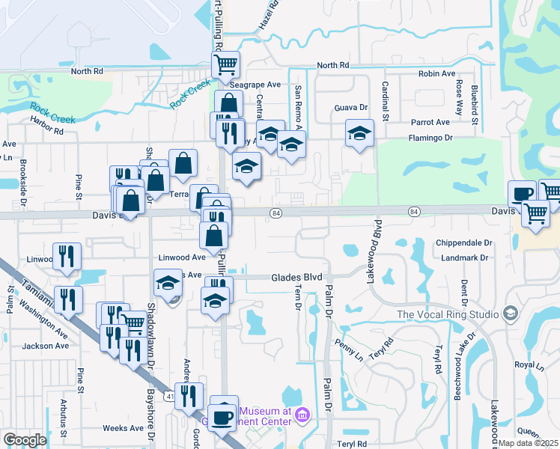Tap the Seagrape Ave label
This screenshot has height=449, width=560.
255,85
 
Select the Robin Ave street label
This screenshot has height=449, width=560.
437,74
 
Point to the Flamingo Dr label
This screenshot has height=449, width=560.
430,138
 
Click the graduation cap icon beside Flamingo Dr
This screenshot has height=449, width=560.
359,134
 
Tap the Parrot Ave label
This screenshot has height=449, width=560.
430,122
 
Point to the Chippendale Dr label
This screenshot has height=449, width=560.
466,243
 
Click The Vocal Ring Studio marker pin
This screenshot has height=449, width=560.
511,313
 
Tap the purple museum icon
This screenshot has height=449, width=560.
302,414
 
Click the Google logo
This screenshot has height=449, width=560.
25,440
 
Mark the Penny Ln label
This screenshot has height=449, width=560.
349,347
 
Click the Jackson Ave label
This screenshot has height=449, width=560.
46,346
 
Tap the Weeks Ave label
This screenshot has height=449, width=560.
123,428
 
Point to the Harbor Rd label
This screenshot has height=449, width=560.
46,129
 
